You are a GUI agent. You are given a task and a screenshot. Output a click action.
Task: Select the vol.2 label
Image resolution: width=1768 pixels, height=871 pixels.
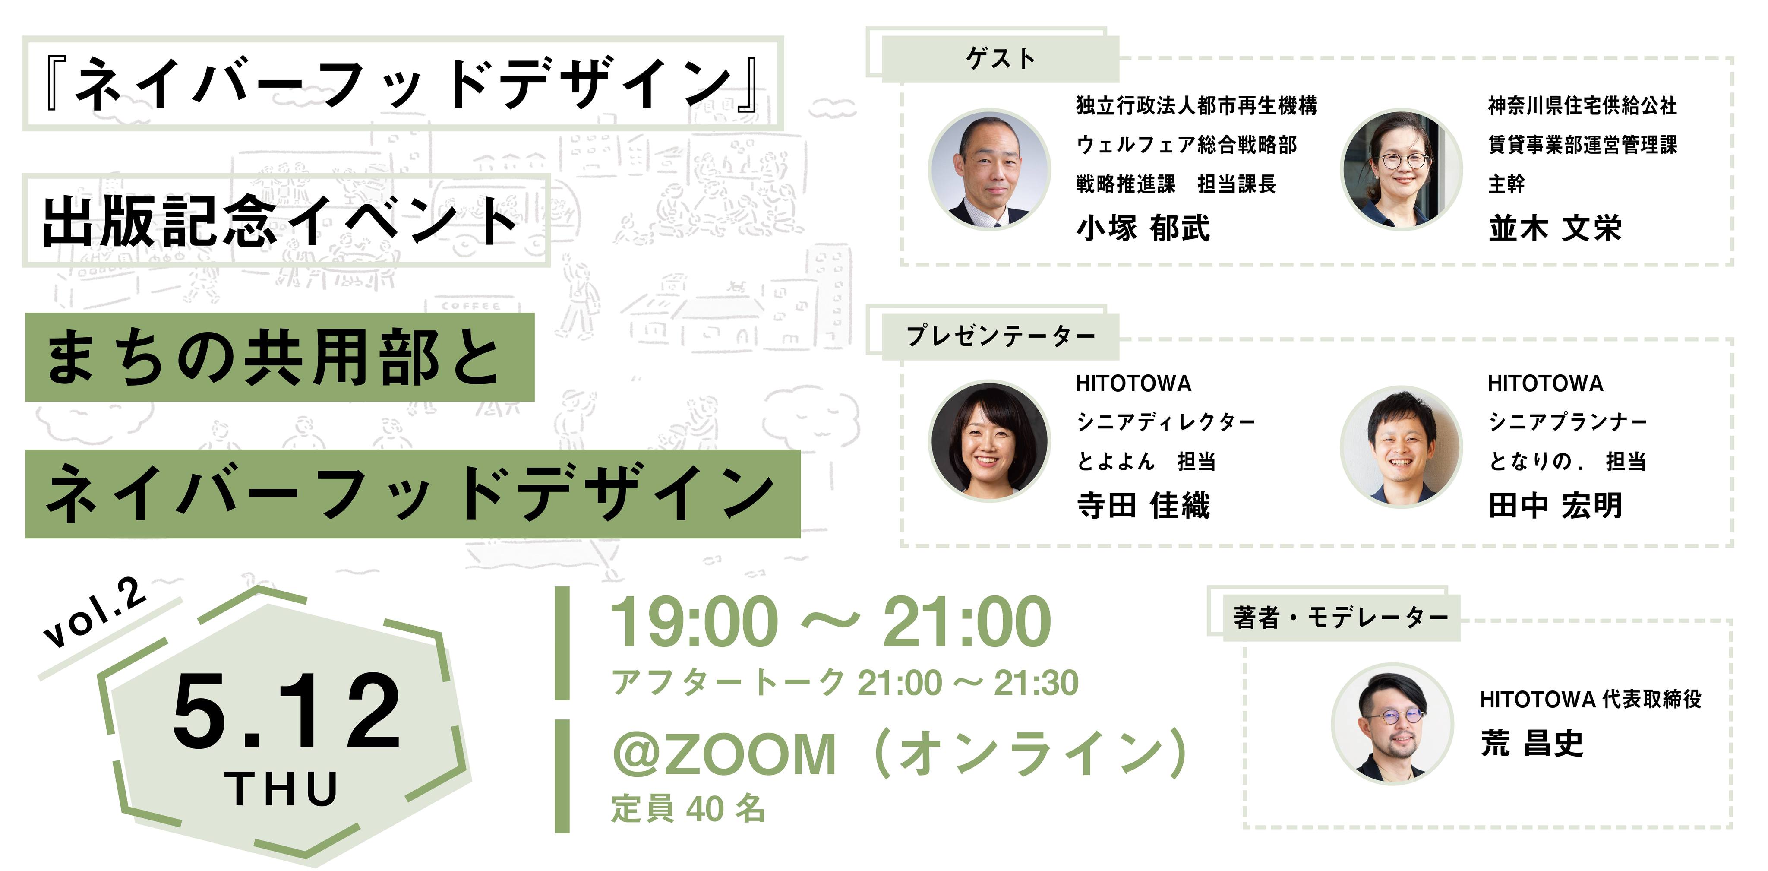click(x=95, y=613)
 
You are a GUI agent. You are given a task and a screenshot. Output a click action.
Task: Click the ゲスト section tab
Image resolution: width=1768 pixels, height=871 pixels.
click(x=1000, y=58)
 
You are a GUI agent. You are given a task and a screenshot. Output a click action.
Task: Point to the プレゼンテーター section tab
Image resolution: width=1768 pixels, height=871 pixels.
click(x=1000, y=336)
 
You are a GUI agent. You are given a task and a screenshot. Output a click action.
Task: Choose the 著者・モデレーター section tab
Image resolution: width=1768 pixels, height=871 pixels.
click(x=1340, y=618)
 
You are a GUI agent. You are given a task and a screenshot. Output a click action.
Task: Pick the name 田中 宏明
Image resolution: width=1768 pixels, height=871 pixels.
click(x=1554, y=506)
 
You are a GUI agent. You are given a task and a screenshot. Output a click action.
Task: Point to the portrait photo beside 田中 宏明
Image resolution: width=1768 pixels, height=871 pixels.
click(x=1402, y=447)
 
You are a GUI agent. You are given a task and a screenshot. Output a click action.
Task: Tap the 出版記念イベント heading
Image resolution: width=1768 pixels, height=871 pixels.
click(x=280, y=220)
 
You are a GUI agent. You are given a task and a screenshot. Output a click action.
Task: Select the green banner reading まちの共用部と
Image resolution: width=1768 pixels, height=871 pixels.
click(x=279, y=357)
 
